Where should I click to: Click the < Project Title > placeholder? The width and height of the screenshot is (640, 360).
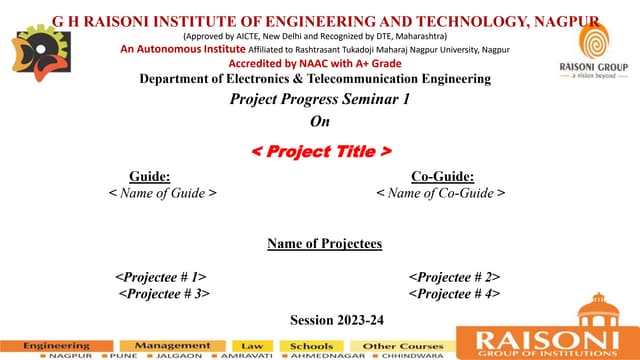[319, 151]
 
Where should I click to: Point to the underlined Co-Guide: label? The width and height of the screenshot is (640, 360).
[441, 175]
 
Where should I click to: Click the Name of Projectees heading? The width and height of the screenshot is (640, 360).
[324, 243]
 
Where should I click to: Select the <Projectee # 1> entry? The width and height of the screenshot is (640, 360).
[161, 276]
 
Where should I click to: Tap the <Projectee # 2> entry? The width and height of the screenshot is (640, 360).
[454, 276]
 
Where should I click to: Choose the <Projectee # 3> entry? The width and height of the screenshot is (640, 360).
[164, 293]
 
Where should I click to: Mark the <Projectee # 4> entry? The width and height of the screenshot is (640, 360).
[454, 293]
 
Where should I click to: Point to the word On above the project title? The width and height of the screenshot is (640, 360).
[319, 123]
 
